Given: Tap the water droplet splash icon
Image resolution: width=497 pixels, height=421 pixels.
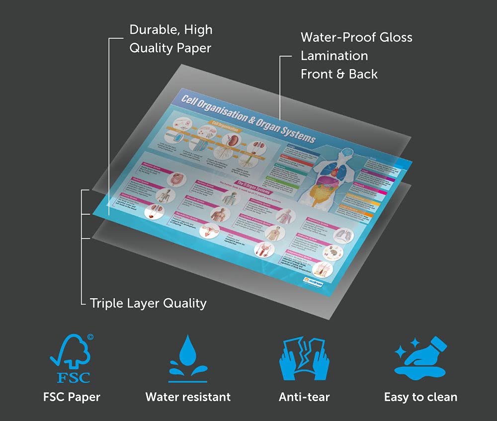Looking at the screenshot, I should point(188,358).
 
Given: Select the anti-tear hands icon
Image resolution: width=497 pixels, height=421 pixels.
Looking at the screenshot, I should point(304,358).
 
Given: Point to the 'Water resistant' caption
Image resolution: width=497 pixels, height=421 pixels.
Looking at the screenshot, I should point(188,397).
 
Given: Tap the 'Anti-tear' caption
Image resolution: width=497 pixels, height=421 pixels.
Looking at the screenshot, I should point(304,397).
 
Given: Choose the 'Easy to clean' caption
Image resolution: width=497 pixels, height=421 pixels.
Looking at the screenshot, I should point(420,397).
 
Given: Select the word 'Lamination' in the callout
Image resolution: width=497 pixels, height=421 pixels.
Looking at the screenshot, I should point(334,56).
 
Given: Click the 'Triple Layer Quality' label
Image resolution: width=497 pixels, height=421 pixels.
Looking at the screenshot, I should point(148,303).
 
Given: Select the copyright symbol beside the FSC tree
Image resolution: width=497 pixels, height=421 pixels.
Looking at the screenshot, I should point(90,337).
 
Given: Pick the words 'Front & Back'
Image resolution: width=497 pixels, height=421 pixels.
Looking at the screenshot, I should point(339,74).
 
